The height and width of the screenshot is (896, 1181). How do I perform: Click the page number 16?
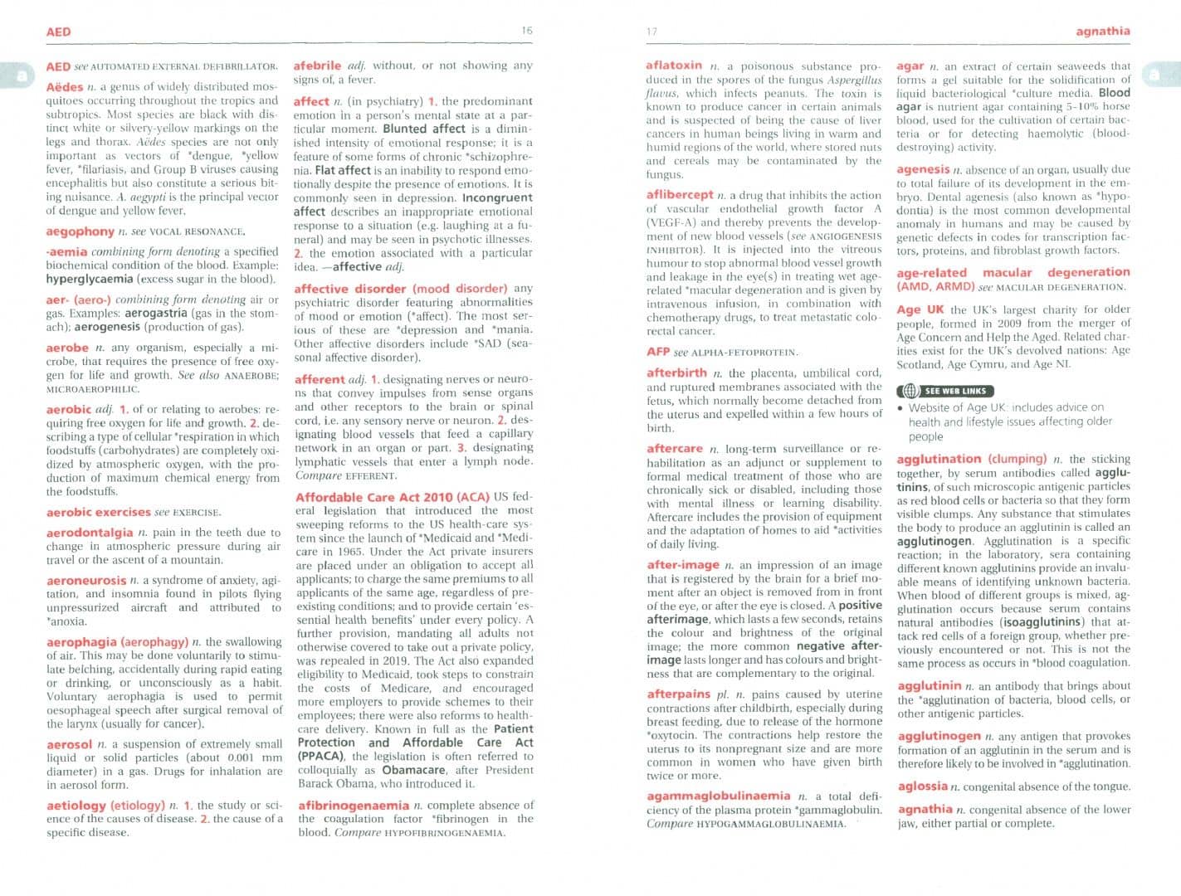pos(527,31)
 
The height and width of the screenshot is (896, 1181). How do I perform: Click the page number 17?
pos(652,32)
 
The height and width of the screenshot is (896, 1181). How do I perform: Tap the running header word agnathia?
pos(1102,32)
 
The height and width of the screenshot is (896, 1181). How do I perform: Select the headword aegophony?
pos(80,231)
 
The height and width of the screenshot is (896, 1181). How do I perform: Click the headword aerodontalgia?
pos(90,533)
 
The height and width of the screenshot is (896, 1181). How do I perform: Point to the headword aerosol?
pos(69,744)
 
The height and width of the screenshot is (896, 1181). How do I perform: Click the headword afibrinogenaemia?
pos(354,806)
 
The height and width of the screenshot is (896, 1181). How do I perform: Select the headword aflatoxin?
pos(674,66)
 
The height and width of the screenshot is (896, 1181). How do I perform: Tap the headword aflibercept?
pos(680,195)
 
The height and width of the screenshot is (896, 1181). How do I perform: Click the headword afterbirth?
pos(676,373)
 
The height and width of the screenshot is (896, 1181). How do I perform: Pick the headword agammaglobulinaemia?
pos(719,796)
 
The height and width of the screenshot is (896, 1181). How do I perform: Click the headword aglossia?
pos(922,786)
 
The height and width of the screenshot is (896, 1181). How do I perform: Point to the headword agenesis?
pos(923,169)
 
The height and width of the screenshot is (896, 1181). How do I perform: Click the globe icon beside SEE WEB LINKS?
pos(910,391)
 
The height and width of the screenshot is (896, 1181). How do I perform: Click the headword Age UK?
pos(920,309)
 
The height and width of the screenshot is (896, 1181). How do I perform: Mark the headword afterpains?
pos(678,694)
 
